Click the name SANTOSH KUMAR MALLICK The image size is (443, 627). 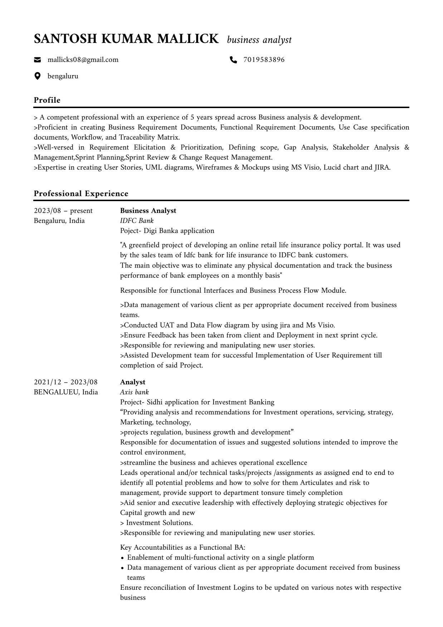(126, 39)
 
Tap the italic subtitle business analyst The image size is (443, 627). (259, 40)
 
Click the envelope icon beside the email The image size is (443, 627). (37, 60)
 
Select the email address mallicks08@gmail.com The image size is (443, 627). (83, 60)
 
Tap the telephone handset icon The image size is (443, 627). (233, 60)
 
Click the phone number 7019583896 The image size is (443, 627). (264, 60)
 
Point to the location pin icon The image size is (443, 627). (37, 76)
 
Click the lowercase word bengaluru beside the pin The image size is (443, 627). (63, 76)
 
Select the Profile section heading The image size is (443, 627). (47, 100)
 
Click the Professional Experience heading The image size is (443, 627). (81, 194)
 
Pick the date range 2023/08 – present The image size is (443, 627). (63, 210)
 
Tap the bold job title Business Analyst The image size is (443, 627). (148, 210)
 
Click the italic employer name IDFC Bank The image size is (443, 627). (137, 220)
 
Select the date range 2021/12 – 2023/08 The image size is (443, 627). (65, 382)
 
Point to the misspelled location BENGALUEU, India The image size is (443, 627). (66, 392)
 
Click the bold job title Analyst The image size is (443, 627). (132, 382)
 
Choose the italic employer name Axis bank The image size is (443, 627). (134, 392)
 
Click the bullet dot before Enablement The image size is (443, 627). (122, 558)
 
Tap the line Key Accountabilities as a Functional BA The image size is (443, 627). (182, 547)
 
